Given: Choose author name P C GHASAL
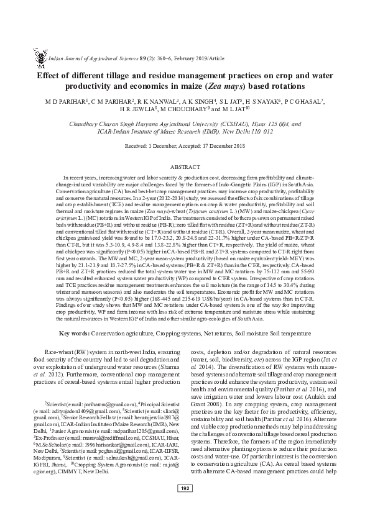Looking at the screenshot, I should [x=309, y=101].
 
